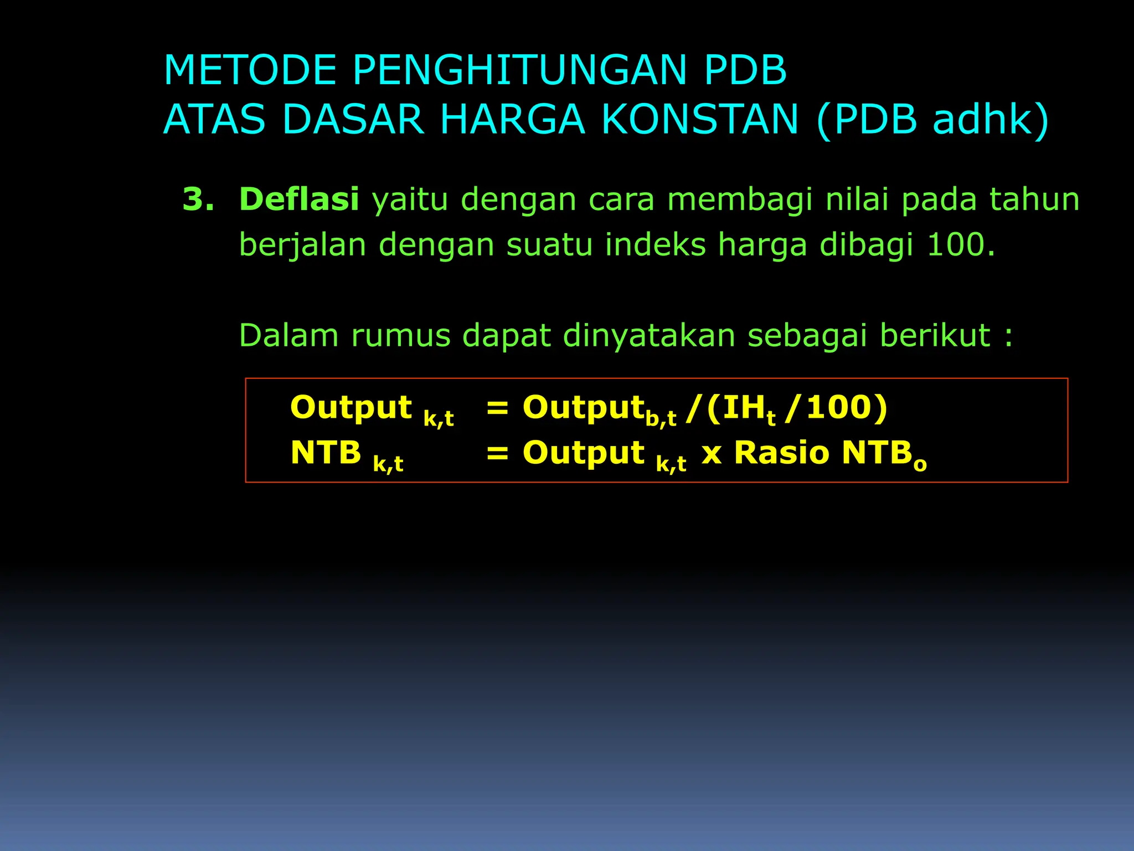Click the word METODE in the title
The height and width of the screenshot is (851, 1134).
click(x=250, y=71)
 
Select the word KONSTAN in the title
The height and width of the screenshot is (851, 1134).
click(x=700, y=120)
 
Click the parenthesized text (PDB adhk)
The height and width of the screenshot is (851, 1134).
click(x=932, y=120)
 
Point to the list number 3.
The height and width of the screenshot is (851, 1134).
click(x=198, y=199)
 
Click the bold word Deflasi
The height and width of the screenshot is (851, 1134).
click(x=299, y=199)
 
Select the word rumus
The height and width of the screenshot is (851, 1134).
click(x=401, y=336)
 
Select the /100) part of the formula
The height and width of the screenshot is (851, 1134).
click(x=836, y=408)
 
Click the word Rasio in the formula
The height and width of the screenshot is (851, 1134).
click(x=781, y=453)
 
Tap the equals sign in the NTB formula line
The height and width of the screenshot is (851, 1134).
click(x=497, y=454)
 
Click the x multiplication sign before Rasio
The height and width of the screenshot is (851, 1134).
click(x=712, y=455)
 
